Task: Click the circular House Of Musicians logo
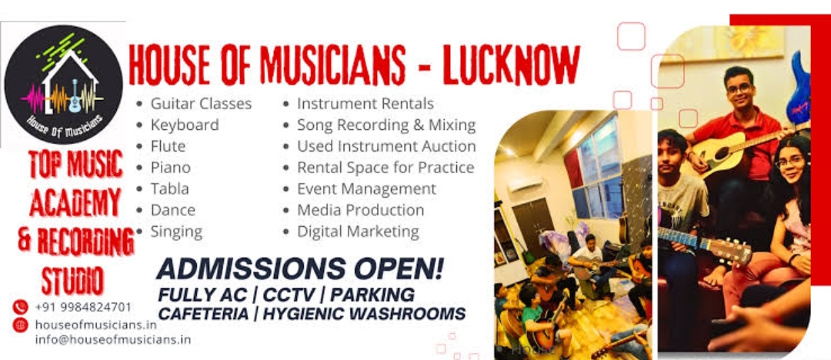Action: pyautogui.click(x=64, y=85)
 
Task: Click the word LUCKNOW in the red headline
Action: pyautogui.click(x=512, y=65)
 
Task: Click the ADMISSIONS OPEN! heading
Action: pyautogui.click(x=299, y=269)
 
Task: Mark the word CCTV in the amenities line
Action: pyautogui.click(x=287, y=295)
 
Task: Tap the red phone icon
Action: pyautogui.click(x=20, y=307)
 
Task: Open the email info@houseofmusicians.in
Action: pyautogui.click(x=113, y=339)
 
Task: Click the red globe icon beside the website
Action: pyautogui.click(x=20, y=325)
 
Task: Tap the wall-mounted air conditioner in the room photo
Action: pyautogui.click(x=526, y=184)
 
